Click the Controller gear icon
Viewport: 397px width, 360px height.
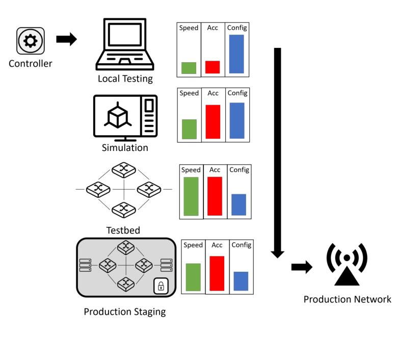(x=31, y=41)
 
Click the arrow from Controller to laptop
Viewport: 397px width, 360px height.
(x=66, y=39)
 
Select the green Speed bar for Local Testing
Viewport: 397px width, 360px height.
(x=189, y=68)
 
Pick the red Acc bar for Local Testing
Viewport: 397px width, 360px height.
(x=213, y=67)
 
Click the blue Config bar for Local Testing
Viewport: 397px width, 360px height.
(x=236, y=54)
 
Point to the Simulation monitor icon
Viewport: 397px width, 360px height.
(x=125, y=117)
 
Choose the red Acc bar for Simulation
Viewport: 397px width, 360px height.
(x=213, y=122)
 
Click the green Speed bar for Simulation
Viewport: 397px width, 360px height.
(x=189, y=129)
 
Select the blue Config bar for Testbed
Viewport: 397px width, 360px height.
(x=239, y=204)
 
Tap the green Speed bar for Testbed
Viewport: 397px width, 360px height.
(x=191, y=196)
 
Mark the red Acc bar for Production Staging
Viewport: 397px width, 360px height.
(x=217, y=274)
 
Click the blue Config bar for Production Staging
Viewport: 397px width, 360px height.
(x=241, y=281)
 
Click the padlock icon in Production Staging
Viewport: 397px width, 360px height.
(x=161, y=285)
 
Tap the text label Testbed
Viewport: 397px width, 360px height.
(x=123, y=230)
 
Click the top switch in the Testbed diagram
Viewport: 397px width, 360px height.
(x=123, y=170)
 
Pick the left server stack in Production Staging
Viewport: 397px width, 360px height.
(x=86, y=265)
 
